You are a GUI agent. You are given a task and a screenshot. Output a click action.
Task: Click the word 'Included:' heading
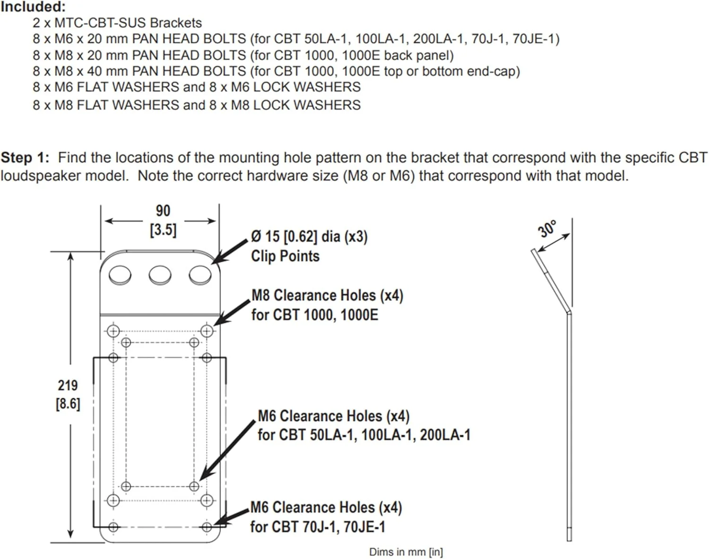[x=33, y=7]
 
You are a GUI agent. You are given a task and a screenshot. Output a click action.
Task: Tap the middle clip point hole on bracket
[x=160, y=275]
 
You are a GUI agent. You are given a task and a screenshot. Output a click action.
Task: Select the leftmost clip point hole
[x=120, y=275]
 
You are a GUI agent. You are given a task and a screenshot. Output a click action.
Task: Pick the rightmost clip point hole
[x=200, y=275]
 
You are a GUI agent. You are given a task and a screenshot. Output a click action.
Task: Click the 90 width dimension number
[x=163, y=211]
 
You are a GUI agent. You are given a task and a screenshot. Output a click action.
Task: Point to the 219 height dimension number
[x=68, y=385]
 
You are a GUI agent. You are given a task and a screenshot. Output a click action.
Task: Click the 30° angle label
[x=547, y=229]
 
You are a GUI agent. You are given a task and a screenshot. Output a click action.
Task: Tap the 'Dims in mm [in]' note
[x=406, y=552]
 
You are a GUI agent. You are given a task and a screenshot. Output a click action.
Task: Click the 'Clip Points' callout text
[x=285, y=256]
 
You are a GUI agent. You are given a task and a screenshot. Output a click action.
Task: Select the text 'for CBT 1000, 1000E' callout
[x=315, y=315]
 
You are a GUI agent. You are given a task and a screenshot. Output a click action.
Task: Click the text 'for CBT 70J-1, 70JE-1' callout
[x=318, y=526]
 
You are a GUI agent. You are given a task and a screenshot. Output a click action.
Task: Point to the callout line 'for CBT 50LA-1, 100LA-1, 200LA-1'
[x=364, y=435]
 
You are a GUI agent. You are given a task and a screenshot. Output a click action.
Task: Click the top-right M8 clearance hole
[x=207, y=331]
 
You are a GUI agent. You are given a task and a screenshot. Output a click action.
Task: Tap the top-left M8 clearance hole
[x=113, y=331]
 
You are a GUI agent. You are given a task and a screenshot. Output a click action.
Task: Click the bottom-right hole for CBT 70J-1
[x=207, y=526]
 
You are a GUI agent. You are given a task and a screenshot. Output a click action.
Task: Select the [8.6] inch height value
[x=68, y=404]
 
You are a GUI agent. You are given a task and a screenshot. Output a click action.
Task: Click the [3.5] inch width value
[x=163, y=230]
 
